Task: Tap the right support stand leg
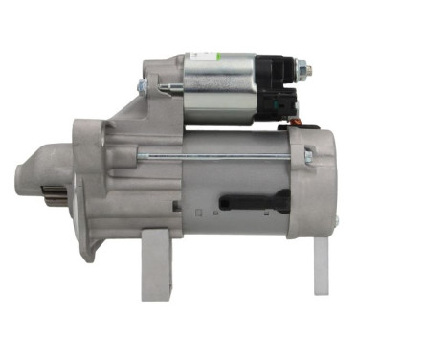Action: tap(321, 263)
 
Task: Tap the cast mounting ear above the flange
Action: tap(154, 68)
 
